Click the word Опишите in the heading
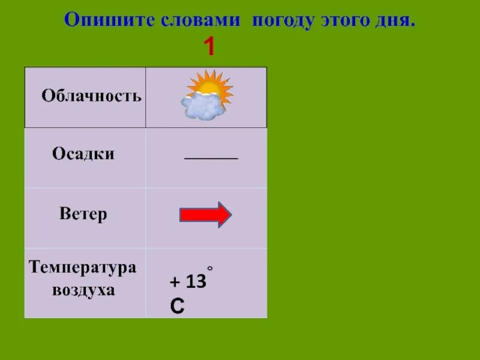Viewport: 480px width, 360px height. point(110,20)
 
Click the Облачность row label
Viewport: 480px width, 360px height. point(91,96)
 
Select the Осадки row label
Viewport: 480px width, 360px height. point(83,154)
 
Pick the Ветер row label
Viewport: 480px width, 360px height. point(83,214)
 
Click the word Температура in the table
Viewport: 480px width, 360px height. point(83,268)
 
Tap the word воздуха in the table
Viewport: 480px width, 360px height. point(83,290)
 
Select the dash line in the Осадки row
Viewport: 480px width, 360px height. point(211,158)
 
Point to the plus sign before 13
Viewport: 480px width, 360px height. point(175,282)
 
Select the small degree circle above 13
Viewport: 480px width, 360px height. point(210,268)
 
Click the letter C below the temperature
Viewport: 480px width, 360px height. point(177,307)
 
